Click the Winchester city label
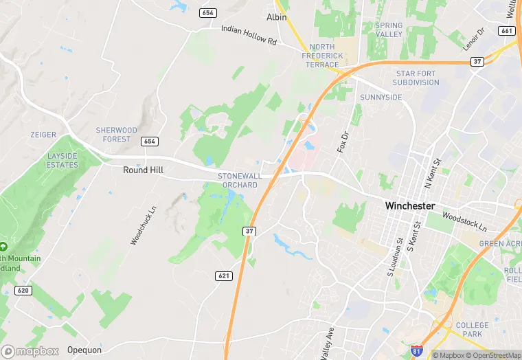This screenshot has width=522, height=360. [x=409, y=205]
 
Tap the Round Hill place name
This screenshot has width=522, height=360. [x=143, y=170]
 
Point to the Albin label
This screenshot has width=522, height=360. [x=276, y=16]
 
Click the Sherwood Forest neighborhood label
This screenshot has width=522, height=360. [x=116, y=135]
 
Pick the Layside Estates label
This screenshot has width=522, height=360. [x=63, y=160]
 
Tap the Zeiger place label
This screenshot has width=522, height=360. [x=43, y=135]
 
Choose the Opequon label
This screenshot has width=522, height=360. [x=84, y=350]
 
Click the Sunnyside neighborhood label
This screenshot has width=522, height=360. [x=381, y=98]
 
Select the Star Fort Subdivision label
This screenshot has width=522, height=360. [x=416, y=78]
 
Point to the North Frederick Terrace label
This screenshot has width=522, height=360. [x=322, y=56]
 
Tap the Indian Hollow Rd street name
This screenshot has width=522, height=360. [x=248, y=36]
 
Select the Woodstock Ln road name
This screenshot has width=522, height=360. [x=464, y=222]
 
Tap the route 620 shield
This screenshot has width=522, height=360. [x=23, y=291]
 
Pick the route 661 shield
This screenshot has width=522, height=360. [x=508, y=31]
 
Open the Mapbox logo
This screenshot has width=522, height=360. [x=30, y=350]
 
